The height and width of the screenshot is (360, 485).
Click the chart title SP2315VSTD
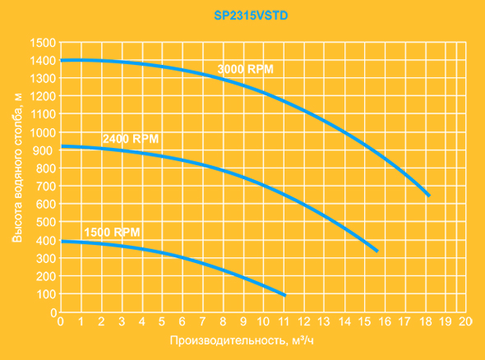tap(251, 16)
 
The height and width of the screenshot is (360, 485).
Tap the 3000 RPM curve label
tap(246, 69)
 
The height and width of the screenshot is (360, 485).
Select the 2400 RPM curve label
tap(131, 139)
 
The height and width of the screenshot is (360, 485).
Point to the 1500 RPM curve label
tap(112, 232)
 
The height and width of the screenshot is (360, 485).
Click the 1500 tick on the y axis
tap(43, 43)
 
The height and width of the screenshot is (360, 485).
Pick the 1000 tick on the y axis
tap(43, 132)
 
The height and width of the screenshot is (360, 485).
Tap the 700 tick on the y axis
tap(46, 187)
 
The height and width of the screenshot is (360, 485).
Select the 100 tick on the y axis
tap(46, 294)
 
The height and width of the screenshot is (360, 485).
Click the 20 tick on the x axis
tap(465, 321)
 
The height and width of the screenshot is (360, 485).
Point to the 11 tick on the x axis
tap(284, 321)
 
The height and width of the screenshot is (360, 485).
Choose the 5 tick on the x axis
tap(162, 321)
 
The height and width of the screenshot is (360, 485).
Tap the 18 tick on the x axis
tap(425, 321)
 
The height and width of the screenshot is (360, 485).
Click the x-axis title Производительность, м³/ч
tap(242, 340)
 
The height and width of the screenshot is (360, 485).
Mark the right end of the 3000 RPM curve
tap(429, 196)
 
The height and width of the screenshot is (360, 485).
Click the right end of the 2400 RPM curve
tap(377, 251)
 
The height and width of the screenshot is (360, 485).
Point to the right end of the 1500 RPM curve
tap(285, 295)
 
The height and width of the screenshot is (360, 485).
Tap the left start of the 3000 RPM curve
tap(62, 60)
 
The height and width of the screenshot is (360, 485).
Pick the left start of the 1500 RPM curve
tap(62, 242)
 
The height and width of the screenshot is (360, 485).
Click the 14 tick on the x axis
tap(344, 321)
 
